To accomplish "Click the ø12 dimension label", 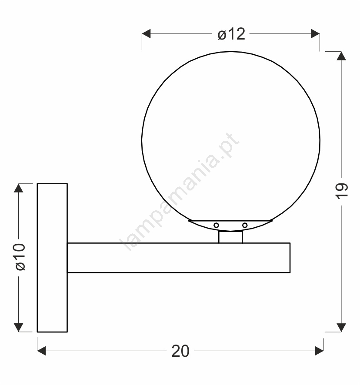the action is tap(231, 34).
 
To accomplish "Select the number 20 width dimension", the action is tap(180, 351).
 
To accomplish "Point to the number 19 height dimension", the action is tap(342, 191).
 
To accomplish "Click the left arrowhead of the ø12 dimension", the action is tap(146, 33).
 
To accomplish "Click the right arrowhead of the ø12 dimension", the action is tap(315, 33).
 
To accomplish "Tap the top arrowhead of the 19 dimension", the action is tap(341, 56).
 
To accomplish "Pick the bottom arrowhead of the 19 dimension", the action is tap(341, 328).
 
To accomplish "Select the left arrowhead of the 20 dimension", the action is tap(42, 351).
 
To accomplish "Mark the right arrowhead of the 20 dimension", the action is tap(319, 351).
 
